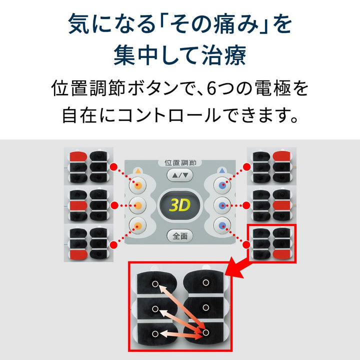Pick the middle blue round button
pos(222,205)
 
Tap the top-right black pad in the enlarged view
pos(205,282)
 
